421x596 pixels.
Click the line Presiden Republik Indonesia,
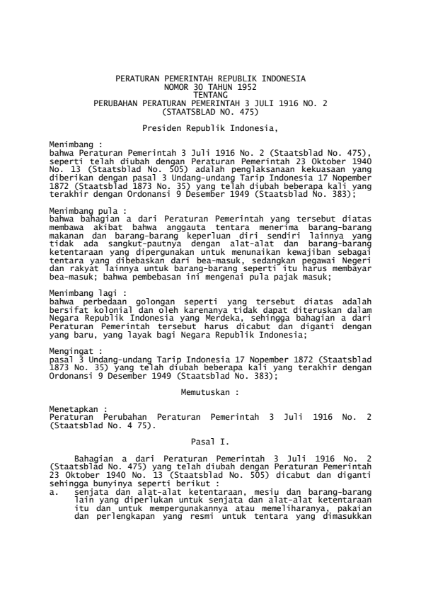point(210,129)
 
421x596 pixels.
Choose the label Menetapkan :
point(76,408)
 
